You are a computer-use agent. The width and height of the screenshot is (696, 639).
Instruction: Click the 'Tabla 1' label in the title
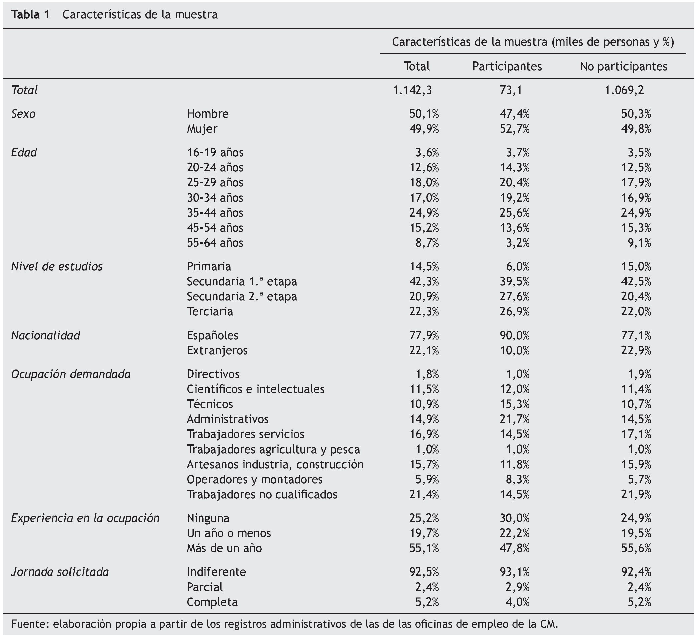click(x=30, y=14)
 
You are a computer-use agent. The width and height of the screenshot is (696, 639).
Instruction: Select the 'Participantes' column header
click(x=507, y=67)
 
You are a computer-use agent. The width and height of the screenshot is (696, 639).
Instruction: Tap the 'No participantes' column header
click(x=623, y=67)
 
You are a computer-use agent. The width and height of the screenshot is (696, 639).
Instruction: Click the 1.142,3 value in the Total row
click(x=412, y=90)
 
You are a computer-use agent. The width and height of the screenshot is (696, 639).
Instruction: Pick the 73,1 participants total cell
click(x=510, y=90)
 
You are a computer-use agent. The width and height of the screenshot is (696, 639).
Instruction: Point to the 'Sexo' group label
click(x=23, y=114)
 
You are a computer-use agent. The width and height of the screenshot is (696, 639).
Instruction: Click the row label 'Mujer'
click(x=202, y=129)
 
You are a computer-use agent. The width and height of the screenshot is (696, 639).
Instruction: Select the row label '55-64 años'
click(x=215, y=243)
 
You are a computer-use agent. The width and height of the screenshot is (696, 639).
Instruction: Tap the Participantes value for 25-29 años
click(x=514, y=182)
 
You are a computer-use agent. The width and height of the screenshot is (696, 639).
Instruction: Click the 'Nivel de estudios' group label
click(x=57, y=267)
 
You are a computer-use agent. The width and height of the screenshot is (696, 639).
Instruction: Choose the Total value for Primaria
click(x=424, y=267)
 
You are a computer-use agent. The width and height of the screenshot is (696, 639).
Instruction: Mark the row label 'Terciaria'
click(x=210, y=312)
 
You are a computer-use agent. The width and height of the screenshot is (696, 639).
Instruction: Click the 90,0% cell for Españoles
click(x=514, y=336)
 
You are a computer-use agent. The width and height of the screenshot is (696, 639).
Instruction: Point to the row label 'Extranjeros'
click(x=217, y=351)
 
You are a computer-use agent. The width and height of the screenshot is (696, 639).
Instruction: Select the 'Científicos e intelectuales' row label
click(x=256, y=389)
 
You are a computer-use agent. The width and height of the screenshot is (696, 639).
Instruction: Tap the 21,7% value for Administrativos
click(x=514, y=419)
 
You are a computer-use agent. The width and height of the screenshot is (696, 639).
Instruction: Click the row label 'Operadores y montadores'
click(x=255, y=480)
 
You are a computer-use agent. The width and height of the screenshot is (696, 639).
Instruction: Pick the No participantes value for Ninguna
click(x=636, y=518)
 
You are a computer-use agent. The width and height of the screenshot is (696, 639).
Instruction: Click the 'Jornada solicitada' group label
click(x=60, y=572)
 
